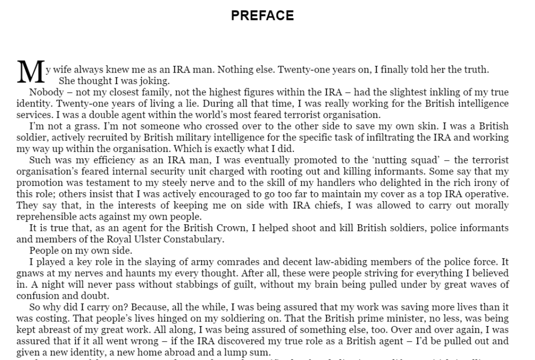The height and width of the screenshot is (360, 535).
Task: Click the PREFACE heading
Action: point(263,16)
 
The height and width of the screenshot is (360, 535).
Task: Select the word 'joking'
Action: point(155,81)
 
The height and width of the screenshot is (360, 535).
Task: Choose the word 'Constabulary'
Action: point(196,239)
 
